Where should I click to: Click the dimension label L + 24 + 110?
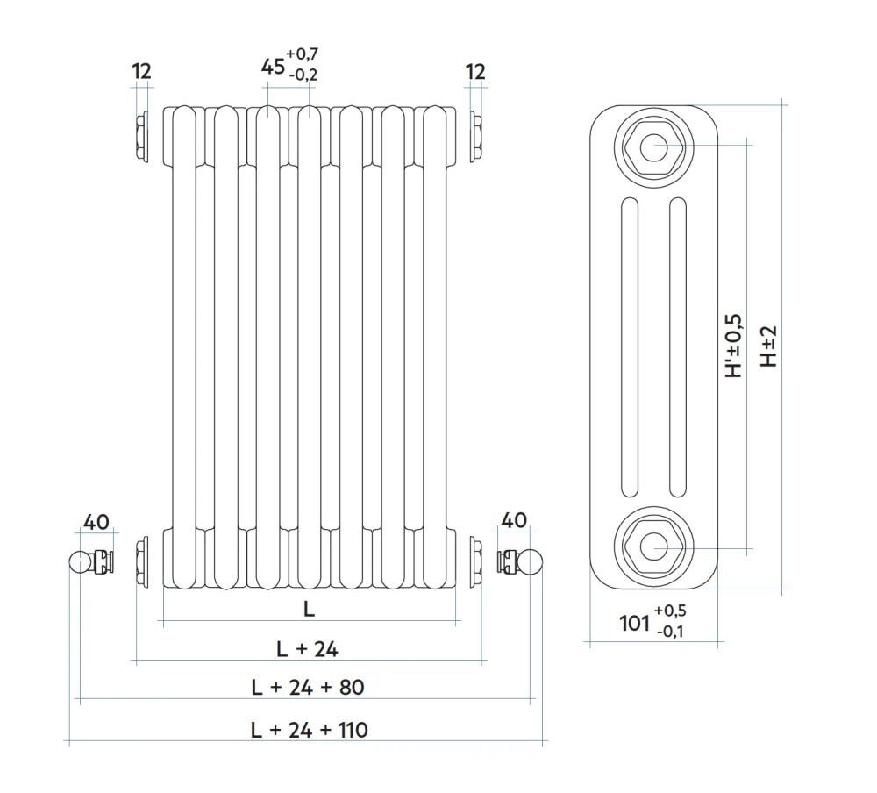coord(310,730)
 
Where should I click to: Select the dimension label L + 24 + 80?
coord(308,687)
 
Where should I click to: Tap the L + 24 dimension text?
coord(307,649)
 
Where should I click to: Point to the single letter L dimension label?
coord(309,609)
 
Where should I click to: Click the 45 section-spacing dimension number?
coord(273,67)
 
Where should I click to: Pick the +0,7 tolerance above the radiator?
coord(302,54)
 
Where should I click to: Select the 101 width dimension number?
coord(634,623)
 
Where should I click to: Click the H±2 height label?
coord(769,346)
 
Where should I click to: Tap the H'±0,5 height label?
coord(733,346)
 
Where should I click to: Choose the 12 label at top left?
coord(141,72)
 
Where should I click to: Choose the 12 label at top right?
coord(474,72)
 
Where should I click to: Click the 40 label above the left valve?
coord(96,522)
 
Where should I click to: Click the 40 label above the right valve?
coord(513,520)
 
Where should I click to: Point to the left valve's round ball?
coord(80,562)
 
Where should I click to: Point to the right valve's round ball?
coord(531,562)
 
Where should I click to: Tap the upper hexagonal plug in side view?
coord(653,147)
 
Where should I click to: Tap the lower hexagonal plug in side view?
coord(653,547)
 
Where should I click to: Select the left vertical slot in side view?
coord(630,347)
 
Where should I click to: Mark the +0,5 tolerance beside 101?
coord(670,611)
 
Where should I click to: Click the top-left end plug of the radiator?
coord(142,137)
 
